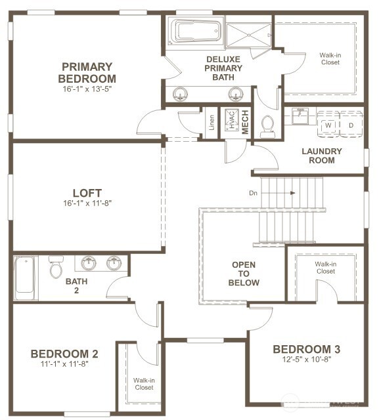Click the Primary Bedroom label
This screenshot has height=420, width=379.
pyautogui.click(x=87, y=73)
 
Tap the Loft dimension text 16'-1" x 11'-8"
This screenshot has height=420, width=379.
pyautogui.click(x=87, y=203)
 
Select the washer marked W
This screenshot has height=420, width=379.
pyautogui.click(x=328, y=125)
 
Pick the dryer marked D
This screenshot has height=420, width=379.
pyautogui.click(x=351, y=125)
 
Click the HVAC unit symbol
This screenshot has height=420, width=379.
pyautogui.click(x=232, y=120)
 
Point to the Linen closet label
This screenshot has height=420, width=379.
pyautogui.click(x=212, y=123)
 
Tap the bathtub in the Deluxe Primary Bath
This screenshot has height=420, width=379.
pyautogui.click(x=195, y=31)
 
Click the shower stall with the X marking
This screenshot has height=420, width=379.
pyautogui.click(x=249, y=35)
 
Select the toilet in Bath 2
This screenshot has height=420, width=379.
pyautogui.click(x=56, y=267)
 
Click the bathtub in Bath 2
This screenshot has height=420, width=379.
pyautogui.click(x=25, y=278)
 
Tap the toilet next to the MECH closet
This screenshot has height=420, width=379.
pyautogui.click(x=267, y=127)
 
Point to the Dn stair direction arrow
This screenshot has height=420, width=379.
pyautogui.click(x=278, y=193)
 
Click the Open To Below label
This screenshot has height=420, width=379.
pyautogui.click(x=244, y=274)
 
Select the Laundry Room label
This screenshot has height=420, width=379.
pyautogui.click(x=322, y=156)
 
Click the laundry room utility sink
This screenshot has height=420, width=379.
pyautogui.click(x=300, y=116)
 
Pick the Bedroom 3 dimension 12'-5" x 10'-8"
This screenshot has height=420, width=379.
pyautogui.click(x=307, y=359)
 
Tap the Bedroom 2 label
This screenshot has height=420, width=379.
pyautogui.click(x=64, y=354)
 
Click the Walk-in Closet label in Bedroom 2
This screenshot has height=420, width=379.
pyautogui.click(x=144, y=383)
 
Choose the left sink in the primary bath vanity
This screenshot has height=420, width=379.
pyautogui.click(x=180, y=94)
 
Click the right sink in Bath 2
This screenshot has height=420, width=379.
pyautogui.click(x=114, y=263)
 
